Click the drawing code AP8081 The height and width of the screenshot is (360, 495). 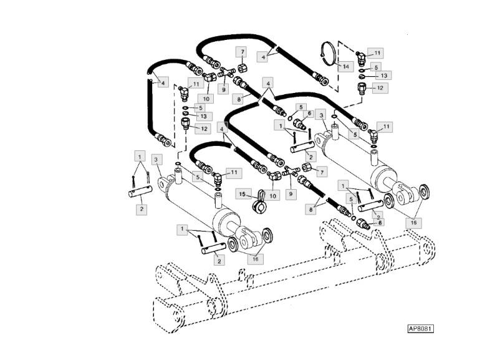420,328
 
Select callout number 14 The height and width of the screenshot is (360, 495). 347,65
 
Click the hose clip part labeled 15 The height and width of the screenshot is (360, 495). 258,201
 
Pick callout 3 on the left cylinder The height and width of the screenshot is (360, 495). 156,160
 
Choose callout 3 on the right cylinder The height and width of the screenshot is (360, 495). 320,115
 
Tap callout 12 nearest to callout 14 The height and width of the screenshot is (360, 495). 378,87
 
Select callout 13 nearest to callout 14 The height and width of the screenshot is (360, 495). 384,75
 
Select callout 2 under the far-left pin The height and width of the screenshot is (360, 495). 142,208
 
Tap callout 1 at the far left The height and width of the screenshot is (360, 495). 140,155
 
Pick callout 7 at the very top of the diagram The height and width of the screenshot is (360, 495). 241,51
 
